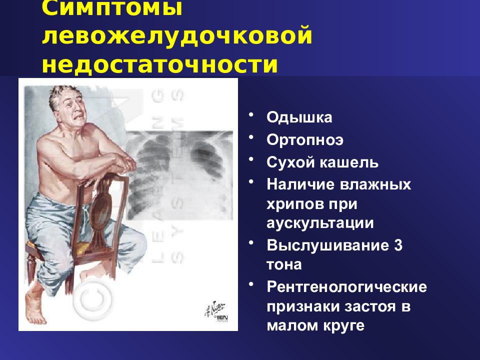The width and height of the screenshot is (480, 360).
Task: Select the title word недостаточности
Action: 159,65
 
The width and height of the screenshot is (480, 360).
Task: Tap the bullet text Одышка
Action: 299,118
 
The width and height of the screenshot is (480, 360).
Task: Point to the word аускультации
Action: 320,223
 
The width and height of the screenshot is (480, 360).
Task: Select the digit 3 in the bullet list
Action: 397,245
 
